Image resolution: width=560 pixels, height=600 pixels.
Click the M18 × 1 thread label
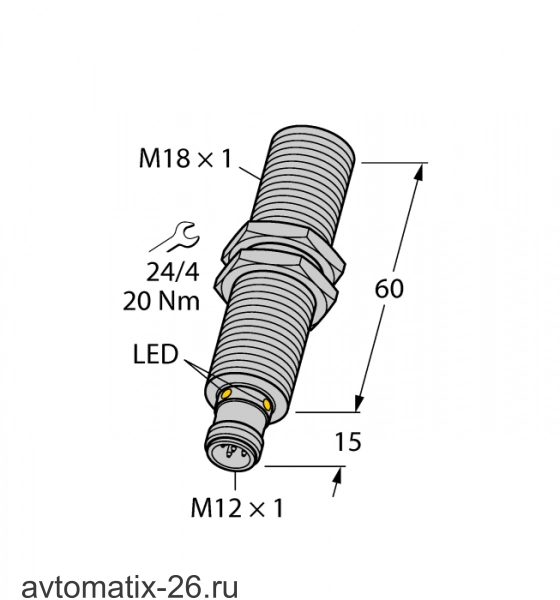186,158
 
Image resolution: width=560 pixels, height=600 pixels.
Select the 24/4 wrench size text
173,273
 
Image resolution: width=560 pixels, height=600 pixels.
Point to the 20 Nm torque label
161,302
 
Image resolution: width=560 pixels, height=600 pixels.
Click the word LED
155,354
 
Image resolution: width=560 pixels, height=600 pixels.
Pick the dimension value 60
389,289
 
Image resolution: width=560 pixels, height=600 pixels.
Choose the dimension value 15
348,442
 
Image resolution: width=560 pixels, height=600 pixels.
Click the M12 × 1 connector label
237,508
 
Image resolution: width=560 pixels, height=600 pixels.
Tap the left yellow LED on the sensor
226,393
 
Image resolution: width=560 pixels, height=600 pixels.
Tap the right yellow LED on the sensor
267,404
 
